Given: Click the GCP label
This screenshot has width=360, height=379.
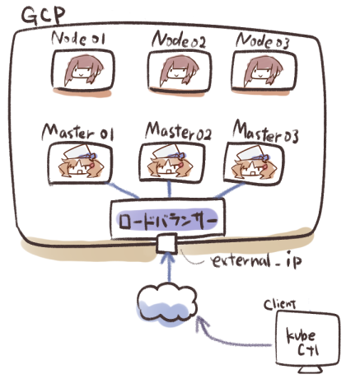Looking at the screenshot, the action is coord(44,16).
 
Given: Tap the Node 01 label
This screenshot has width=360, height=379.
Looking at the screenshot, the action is coord(78,38).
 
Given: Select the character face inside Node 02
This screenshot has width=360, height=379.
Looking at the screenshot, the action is coord(180,71).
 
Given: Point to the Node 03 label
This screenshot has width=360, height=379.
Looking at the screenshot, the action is coord(263,41).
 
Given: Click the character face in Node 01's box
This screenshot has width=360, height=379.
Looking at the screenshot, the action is coord(84,70).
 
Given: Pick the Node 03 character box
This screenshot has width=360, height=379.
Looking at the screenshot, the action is coord(264,72).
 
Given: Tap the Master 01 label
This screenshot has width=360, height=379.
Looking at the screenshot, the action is coord(77,133).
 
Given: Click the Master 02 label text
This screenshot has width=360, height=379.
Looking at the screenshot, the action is coord(179,131).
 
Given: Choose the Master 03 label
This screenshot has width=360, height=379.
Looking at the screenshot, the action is coord(265,132).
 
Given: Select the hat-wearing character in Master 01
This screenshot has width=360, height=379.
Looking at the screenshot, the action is coord(81,163).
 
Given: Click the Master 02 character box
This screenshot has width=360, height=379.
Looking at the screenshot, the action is coord(172,162).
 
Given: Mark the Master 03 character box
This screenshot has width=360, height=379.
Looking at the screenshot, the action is coord(254,163).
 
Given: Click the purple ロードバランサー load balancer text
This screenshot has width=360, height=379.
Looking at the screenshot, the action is coord(166,221).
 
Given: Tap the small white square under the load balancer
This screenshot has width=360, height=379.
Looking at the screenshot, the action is coord(166,243).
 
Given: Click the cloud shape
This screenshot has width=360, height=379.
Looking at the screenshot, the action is coord(167,305).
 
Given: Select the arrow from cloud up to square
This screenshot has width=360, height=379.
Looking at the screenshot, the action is coord(169,268).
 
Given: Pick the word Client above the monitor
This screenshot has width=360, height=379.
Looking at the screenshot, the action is coord(280,304).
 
